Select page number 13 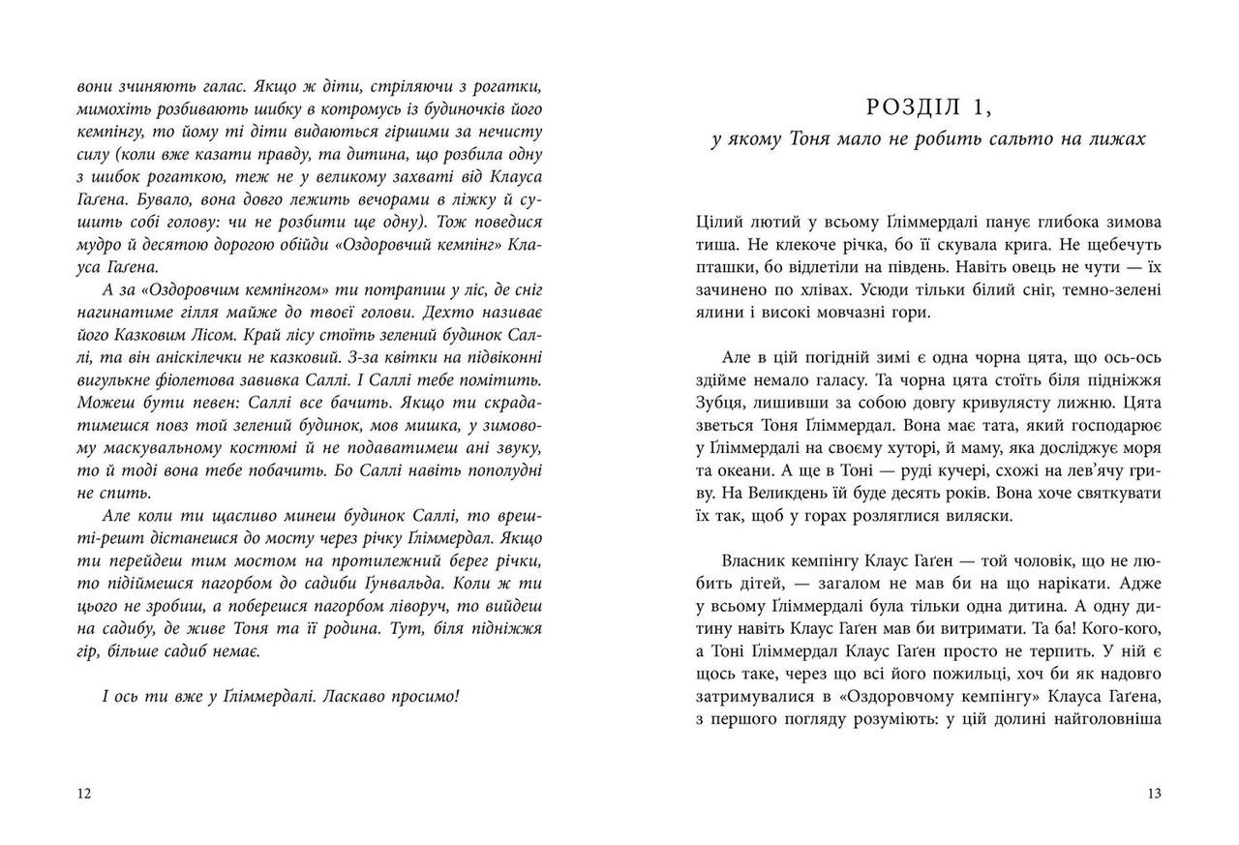(x=1153, y=794)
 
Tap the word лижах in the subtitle (x=1118, y=138)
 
